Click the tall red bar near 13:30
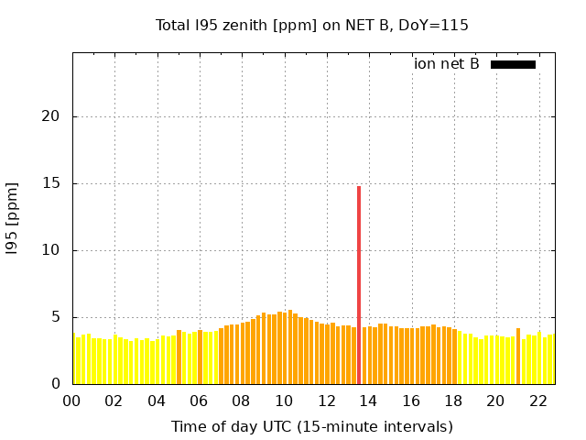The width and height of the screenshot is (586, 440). tap(359, 284)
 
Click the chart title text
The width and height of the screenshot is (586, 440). tap(312, 26)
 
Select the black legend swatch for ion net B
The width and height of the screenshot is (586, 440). tap(513, 64)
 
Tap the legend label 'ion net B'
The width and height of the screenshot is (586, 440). tap(447, 64)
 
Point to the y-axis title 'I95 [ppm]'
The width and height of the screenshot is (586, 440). tap(13, 218)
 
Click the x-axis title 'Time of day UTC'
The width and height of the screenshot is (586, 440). tap(312, 426)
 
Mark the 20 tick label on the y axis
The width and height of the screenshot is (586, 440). tap(52, 116)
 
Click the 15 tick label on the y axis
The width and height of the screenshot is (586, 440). tap(52, 183)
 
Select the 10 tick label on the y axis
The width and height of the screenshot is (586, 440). tap(52, 250)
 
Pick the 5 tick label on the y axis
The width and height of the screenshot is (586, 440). tap(57, 317)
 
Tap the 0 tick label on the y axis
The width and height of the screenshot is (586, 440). tap(57, 384)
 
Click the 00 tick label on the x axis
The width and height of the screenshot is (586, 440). tap(71, 401)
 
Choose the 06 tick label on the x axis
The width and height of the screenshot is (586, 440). tap(199, 401)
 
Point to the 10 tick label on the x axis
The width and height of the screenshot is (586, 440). tap(284, 401)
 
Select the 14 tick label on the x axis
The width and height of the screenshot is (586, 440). tap(369, 401)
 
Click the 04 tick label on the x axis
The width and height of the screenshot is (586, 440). tap(157, 401)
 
